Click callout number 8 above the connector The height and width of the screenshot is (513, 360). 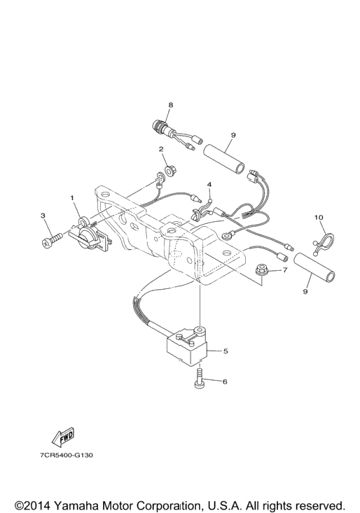(x=170, y=105)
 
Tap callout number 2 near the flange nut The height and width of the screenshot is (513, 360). (x=161, y=149)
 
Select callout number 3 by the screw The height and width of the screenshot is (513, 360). (x=43, y=216)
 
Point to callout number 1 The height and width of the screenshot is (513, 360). (x=73, y=197)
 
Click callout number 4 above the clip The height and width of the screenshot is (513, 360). (x=209, y=185)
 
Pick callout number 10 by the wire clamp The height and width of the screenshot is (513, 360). (x=319, y=217)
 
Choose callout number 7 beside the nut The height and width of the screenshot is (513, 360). (x=285, y=270)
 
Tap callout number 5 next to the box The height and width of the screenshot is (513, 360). (x=225, y=351)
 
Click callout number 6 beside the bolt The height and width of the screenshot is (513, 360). (x=225, y=381)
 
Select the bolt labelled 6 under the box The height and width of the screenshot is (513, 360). (x=200, y=378)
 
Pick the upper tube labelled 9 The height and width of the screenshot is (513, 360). (x=225, y=158)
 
